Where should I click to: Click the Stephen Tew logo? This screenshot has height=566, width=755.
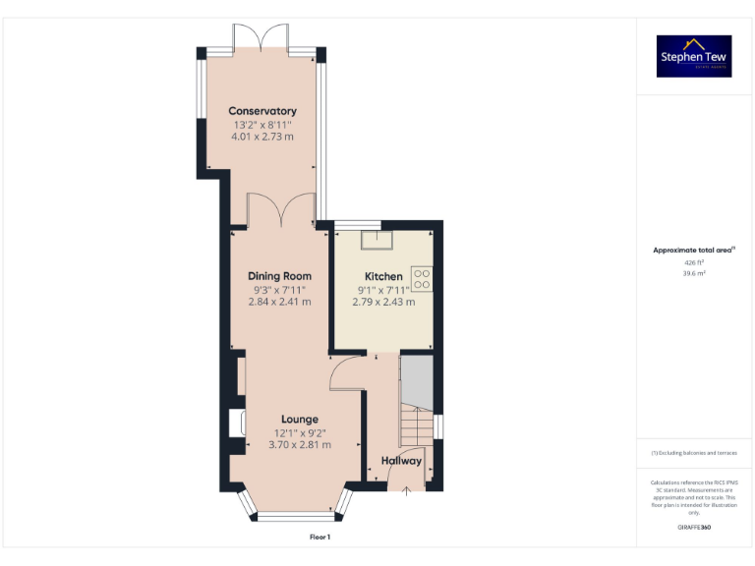[694, 57]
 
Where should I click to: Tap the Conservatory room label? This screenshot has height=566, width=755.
[262, 111]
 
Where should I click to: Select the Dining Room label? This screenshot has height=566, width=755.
[280, 276]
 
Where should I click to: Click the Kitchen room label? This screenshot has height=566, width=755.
[383, 276]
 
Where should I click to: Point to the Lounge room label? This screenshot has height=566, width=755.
[300, 420]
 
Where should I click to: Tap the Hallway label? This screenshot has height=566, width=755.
[401, 461]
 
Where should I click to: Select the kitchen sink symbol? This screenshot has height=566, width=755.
[376, 239]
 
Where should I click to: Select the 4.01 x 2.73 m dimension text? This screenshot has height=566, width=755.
[262, 139]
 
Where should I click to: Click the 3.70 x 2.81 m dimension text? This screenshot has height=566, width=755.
[300, 445]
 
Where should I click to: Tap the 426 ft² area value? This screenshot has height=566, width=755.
[694, 263]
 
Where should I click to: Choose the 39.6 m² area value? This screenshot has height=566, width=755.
[694, 274]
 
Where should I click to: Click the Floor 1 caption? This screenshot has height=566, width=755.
[320, 538]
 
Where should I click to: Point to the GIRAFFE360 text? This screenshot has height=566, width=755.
[694, 528]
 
